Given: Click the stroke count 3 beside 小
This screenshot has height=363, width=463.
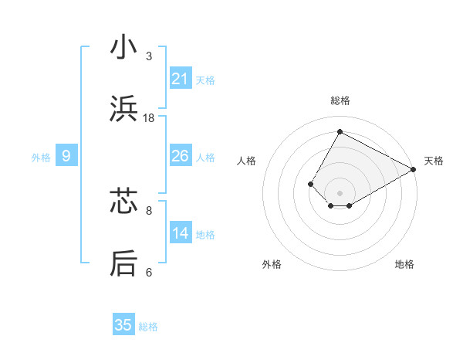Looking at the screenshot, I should (149, 56).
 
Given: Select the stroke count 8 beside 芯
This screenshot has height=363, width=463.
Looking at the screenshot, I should (149, 210).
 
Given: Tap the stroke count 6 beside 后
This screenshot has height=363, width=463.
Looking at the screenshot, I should (149, 272).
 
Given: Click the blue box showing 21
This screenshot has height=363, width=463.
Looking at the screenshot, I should (181, 79).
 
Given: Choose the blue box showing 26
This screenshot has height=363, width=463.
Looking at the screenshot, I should (181, 156).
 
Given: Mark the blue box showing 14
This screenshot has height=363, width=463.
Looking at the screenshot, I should (181, 233).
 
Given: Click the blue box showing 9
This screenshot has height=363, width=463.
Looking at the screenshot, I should (66, 156).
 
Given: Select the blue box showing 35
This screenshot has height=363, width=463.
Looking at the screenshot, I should (123, 325).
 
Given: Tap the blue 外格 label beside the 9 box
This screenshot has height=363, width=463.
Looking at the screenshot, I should (41, 158).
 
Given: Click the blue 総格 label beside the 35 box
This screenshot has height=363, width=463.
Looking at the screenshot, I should (148, 327).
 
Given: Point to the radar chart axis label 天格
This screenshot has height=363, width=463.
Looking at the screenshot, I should (434, 161).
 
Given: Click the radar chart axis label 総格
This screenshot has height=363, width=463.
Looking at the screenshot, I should (340, 101).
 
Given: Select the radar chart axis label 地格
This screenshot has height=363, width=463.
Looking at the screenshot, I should (404, 264).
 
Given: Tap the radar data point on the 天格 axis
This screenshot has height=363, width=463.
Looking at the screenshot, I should (414, 169).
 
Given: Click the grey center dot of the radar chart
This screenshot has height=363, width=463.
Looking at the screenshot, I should (340, 193).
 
